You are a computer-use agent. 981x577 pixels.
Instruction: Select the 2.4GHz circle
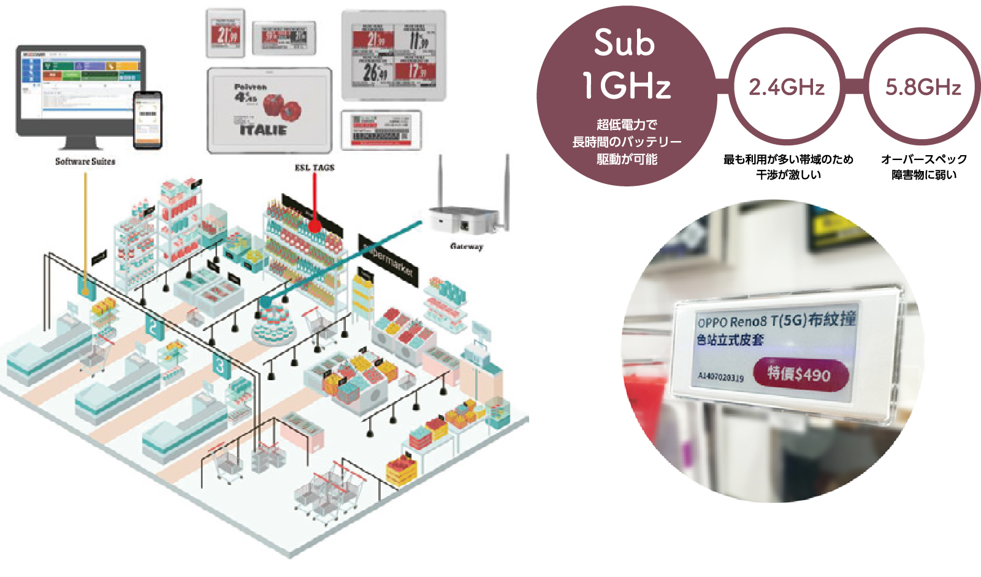point(787,87)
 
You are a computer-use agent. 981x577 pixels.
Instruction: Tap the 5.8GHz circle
point(923,87)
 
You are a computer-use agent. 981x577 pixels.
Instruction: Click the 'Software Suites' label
point(85,161)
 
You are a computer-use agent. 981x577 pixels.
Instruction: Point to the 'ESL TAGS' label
point(315,167)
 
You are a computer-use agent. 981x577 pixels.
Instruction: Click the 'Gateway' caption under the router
point(467,246)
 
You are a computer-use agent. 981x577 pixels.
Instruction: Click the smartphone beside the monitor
point(148,119)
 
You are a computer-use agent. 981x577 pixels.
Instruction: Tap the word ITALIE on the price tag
point(263,130)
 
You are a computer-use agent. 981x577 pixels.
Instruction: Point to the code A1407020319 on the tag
point(720,376)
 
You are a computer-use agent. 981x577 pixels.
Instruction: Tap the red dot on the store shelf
point(315,226)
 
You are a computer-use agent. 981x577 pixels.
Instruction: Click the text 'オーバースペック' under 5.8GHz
point(923,159)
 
